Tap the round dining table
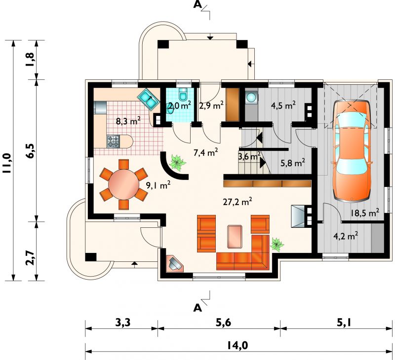click(123, 184)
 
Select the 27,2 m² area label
click(237, 202)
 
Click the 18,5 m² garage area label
click(365, 213)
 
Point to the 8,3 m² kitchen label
click(128, 121)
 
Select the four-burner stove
click(114, 141)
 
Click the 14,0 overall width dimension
click(237, 346)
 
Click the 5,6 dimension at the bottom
click(223, 323)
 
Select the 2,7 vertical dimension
click(30, 258)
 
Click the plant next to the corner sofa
click(277, 244)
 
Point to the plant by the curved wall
click(178, 163)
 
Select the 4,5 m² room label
click(283, 106)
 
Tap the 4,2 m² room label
click(346, 237)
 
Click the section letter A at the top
click(198, 4)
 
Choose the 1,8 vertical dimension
click(30, 60)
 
